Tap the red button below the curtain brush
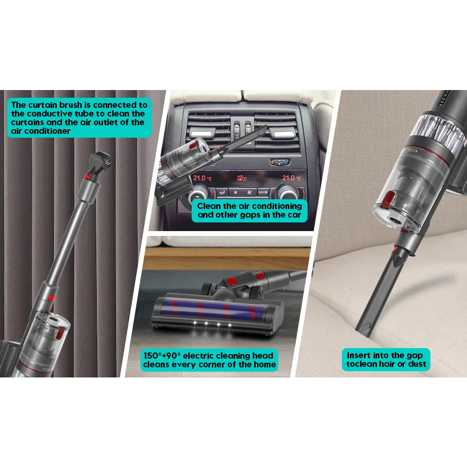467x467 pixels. coord(87,176)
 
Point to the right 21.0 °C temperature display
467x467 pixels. coord(292,178)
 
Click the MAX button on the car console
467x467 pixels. coord(263,192)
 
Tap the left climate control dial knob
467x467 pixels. coord(198,194)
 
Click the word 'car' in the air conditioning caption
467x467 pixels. coord(294,215)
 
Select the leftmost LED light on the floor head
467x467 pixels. coord(195,323)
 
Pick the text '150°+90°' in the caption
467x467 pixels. coord(162,356)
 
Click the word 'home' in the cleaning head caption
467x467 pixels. coord(265,364)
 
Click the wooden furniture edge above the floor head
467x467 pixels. coord(226,259)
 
